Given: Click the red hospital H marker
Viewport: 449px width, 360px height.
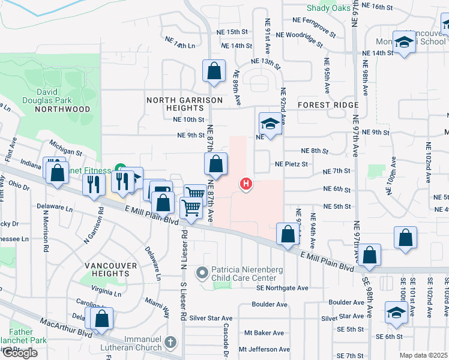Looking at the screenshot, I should click(x=246, y=184).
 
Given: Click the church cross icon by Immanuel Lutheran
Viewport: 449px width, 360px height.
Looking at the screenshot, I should click(x=172, y=343).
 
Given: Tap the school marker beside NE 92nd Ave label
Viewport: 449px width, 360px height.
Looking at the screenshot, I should click(x=270, y=124).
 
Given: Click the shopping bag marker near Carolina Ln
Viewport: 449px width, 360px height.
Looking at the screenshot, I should click(x=101, y=319).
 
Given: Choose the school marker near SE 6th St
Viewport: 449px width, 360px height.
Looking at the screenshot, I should click(x=396, y=313).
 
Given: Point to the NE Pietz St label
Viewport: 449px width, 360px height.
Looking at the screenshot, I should click(x=291, y=164).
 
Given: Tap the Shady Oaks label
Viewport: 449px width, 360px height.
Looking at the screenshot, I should click(x=328, y=8).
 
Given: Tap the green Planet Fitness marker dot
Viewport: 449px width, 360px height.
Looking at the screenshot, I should click(x=119, y=167).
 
